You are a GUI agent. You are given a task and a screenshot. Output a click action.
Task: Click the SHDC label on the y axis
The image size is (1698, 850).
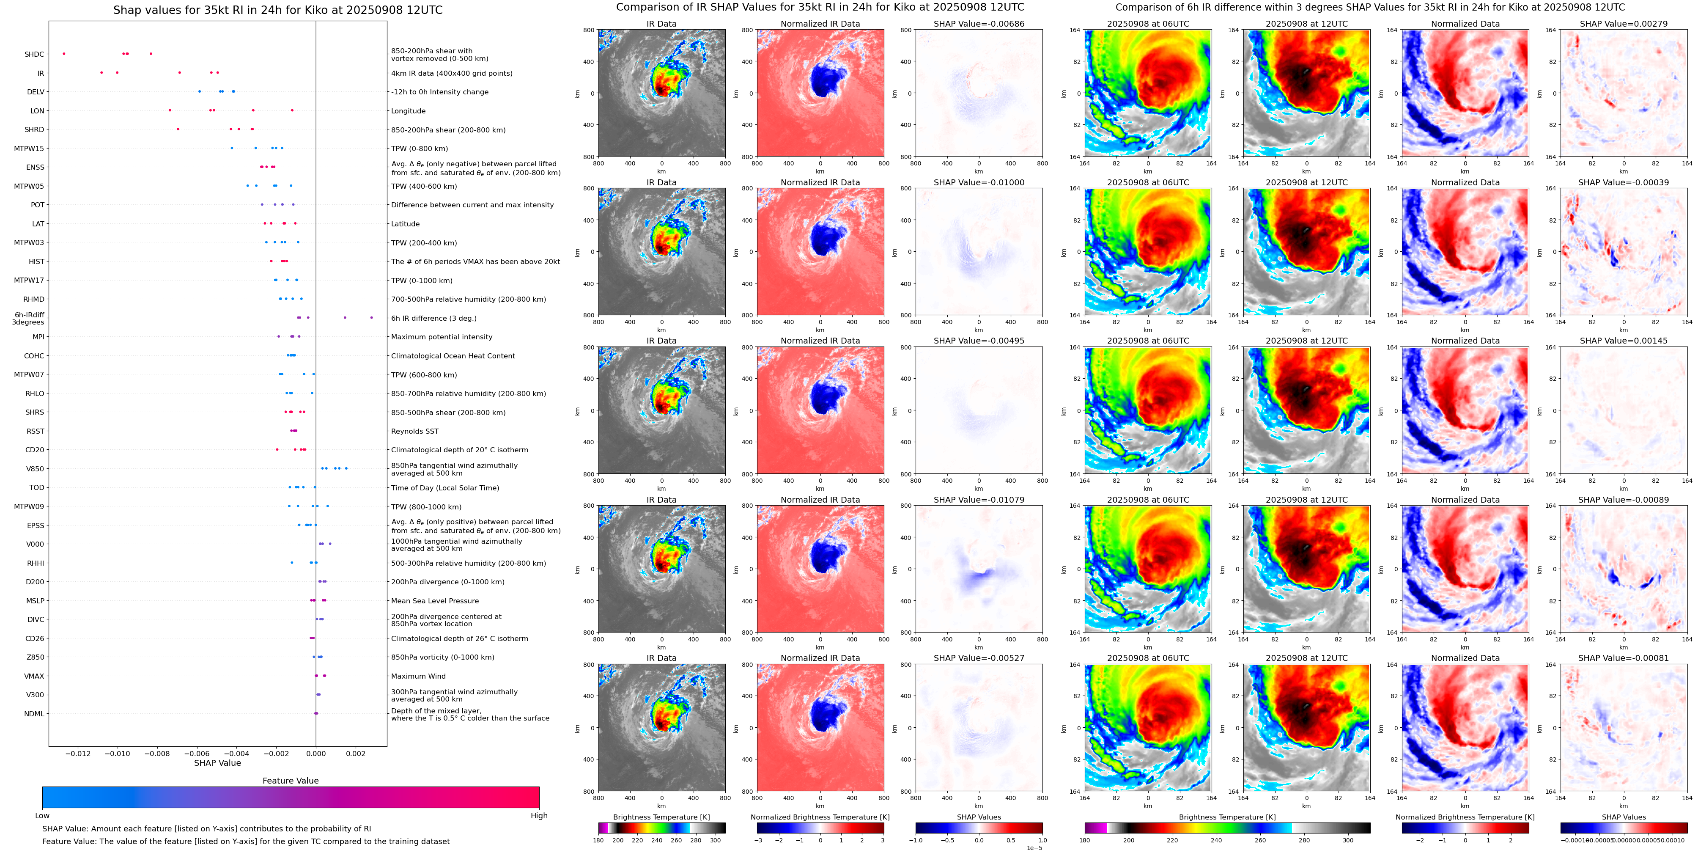point(34,54)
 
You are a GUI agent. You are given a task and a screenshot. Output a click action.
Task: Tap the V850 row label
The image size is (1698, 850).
point(35,469)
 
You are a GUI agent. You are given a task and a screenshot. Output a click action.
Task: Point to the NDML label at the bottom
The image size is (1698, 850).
point(34,713)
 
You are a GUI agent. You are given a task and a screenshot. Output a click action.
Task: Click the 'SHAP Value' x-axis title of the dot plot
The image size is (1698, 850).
point(217,763)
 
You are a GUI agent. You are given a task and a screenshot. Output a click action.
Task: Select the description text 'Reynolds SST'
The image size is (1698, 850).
point(414,431)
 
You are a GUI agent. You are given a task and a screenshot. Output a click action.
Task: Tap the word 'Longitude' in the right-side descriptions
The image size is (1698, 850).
point(408,111)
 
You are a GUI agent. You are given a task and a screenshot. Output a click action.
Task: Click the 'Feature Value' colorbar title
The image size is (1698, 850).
point(290,781)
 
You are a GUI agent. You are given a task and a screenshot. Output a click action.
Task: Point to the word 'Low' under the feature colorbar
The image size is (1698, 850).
point(42,816)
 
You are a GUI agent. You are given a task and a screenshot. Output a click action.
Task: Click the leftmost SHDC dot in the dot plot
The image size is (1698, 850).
point(64,53)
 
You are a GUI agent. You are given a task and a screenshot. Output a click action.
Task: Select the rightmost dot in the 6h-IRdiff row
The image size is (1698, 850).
point(371,318)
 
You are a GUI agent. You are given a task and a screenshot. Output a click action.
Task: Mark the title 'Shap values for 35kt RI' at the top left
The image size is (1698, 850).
point(277,10)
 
